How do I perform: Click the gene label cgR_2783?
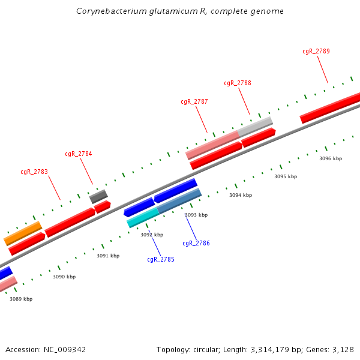click(x=34, y=172)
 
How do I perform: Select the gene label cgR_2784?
click(x=79, y=154)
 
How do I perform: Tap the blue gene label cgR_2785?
click(x=161, y=260)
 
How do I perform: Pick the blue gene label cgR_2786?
click(x=196, y=243)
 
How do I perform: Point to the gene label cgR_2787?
click(x=194, y=101)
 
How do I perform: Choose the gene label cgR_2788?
click(x=238, y=83)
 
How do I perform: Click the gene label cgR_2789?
click(x=316, y=51)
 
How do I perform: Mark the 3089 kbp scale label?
click(x=21, y=299)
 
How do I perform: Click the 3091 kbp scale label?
click(x=108, y=256)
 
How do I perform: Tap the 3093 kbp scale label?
click(x=196, y=215)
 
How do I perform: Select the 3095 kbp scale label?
click(x=286, y=176)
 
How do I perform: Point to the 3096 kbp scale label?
click(x=331, y=158)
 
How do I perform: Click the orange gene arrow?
click(x=23, y=233)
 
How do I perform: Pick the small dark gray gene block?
click(x=98, y=196)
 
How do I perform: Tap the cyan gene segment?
click(x=143, y=218)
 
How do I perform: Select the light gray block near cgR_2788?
click(x=255, y=126)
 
